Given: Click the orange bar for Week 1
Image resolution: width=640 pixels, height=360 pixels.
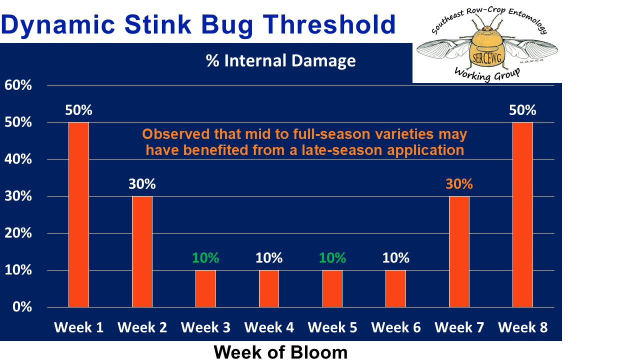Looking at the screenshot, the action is coord(78,214).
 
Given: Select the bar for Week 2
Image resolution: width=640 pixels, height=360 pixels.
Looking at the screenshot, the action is coord(142,251).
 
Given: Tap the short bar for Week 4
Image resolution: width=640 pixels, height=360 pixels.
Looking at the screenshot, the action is coord(269,288).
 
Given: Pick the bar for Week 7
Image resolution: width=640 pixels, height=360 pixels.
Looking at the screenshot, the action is coord(459,251).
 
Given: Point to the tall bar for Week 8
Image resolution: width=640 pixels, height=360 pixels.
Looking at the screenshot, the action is coord(522,214).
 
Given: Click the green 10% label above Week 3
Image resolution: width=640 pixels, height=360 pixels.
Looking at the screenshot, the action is coord(205,258).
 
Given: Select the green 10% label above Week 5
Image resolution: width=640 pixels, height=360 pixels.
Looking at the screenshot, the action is coord(332,258).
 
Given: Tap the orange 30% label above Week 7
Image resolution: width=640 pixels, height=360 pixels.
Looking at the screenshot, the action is coord(459,184).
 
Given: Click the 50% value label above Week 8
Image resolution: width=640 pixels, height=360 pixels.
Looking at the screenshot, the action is coord(522,110).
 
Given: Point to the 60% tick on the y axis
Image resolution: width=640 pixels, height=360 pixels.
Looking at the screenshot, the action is coord(18,85).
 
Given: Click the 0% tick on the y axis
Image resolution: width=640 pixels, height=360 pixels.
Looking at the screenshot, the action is coord(22,307).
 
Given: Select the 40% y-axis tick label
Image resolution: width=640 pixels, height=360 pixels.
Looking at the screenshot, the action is coord(18,159).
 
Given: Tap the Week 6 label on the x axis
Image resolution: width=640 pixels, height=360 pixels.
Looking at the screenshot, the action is coord(395,327).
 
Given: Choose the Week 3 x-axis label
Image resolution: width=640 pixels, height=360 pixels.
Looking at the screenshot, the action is coord(205,327).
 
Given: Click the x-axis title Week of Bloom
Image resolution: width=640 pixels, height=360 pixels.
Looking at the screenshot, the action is coord(280,352).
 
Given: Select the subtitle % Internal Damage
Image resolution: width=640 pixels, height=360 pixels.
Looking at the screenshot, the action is coord(280,60).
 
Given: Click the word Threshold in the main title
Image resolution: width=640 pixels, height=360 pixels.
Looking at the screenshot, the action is coord(329,24).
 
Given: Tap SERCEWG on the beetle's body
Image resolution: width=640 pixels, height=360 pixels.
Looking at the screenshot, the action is coord(487,58).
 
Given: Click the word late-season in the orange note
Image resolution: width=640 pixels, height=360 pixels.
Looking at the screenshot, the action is coord(342,150).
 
